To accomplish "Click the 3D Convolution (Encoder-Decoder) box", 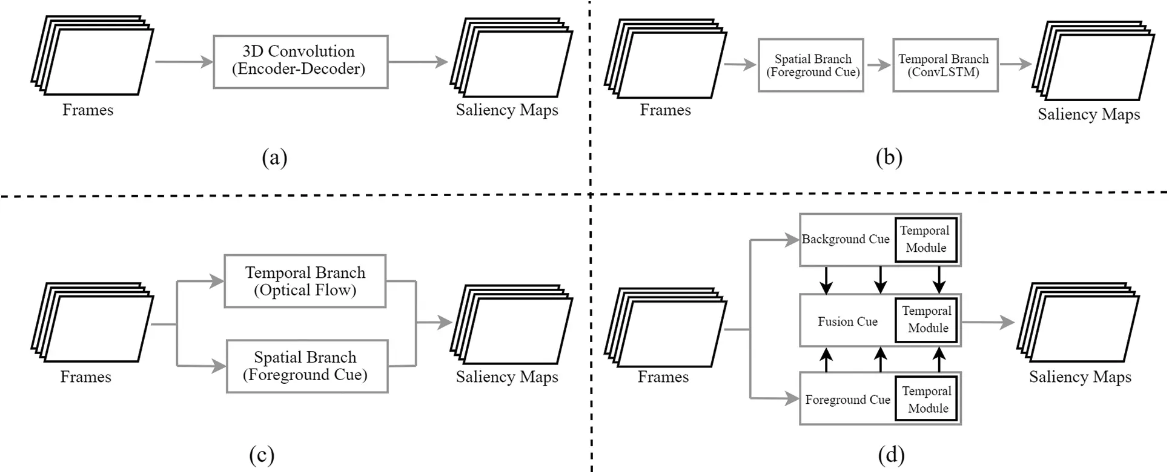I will pos(300,62).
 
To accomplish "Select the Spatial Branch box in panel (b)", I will pos(810,65).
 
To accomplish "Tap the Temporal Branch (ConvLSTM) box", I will pos(944,65).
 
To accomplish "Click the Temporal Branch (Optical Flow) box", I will pos(305,281).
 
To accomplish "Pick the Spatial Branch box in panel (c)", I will pos(306,366).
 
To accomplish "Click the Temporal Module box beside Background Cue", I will pos(926,240).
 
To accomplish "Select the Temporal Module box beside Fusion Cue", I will pos(927,320).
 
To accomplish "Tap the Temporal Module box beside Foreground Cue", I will pos(927,400).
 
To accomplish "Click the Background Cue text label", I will pos(846,240).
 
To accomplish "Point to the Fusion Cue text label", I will pos(847,322).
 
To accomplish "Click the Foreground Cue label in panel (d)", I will pos(847,400).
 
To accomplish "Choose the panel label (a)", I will pos(274,158).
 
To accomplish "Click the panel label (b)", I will pos(889,158).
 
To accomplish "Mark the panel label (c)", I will pos(262,455).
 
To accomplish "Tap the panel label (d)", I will pos(891,455).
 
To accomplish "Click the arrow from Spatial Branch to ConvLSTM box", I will pos(878,65).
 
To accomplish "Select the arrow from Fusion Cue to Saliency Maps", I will pos(987,323).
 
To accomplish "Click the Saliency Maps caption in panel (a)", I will pos(507,110).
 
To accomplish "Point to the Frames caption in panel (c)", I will pos(86,377).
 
